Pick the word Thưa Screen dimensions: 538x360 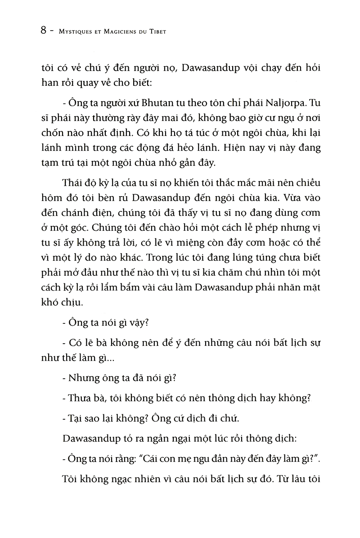click(80, 398)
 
